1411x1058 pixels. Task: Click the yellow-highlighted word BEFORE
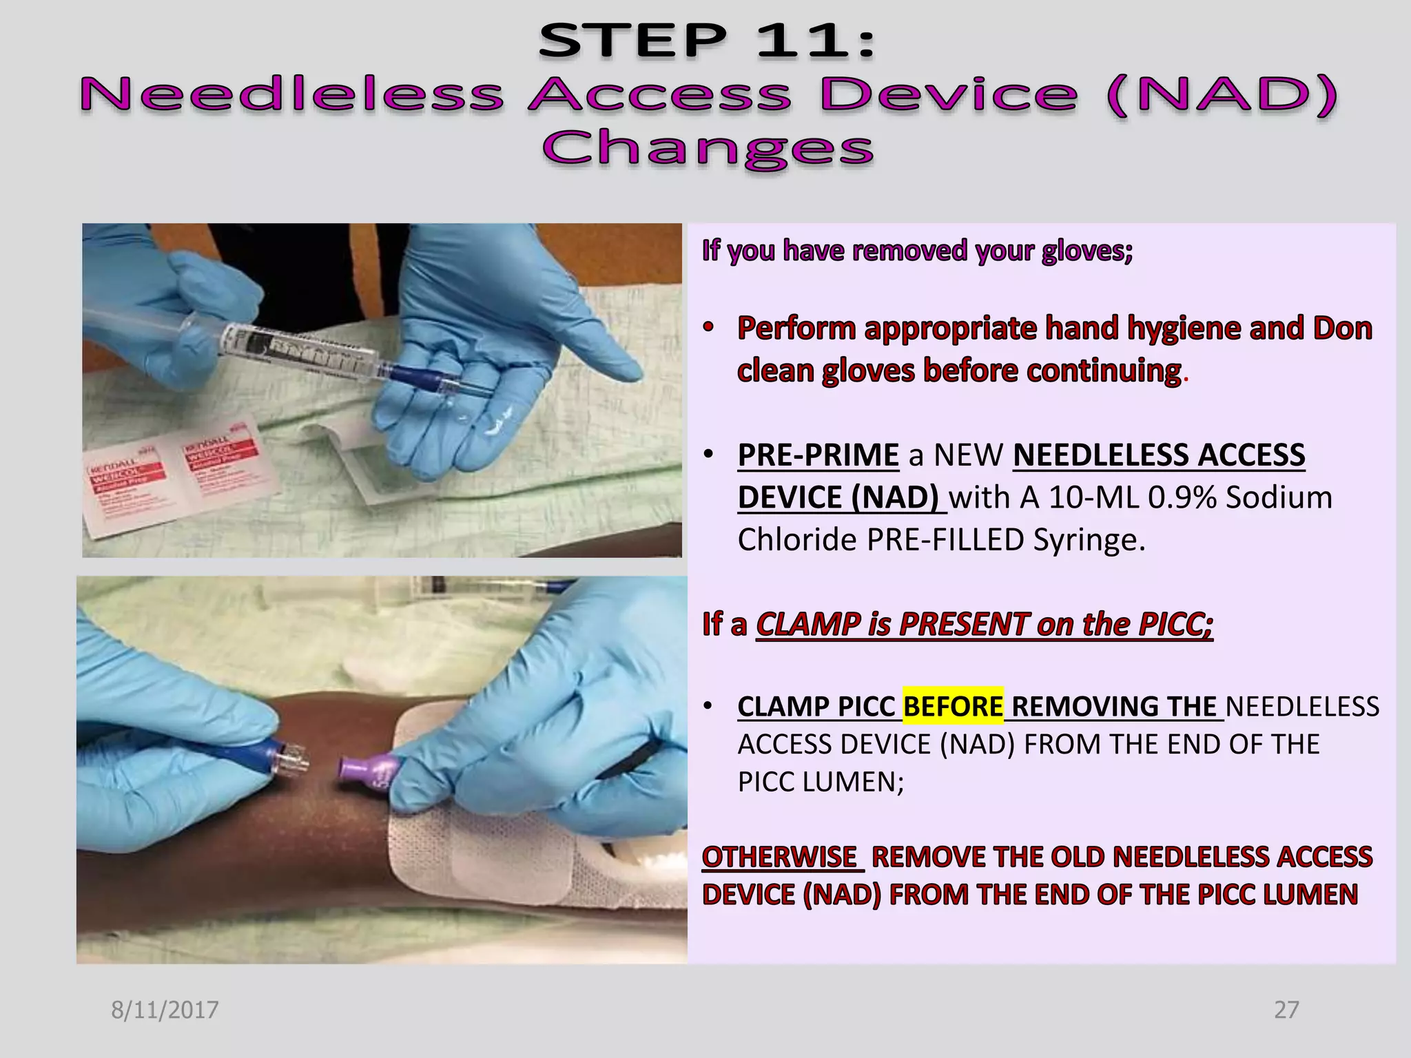pyautogui.click(x=953, y=707)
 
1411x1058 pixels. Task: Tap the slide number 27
pyautogui.click(x=1286, y=1010)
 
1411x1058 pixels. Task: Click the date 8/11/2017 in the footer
pyautogui.click(x=165, y=1010)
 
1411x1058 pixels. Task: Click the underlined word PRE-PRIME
pyautogui.click(x=818, y=455)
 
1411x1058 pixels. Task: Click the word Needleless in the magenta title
pyautogui.click(x=292, y=94)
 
